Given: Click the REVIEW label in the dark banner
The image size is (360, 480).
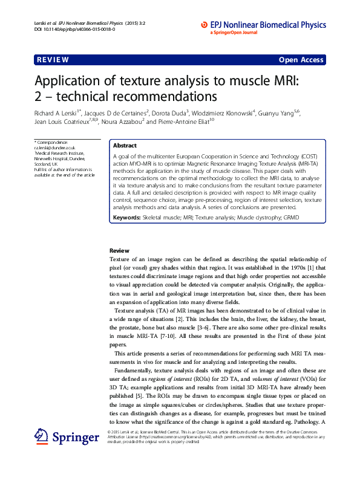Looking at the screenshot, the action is point(52,60).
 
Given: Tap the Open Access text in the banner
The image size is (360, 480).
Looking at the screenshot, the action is point(301,60).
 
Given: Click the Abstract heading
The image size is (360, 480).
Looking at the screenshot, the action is point(125,146).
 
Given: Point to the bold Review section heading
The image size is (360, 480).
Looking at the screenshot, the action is point(119,250).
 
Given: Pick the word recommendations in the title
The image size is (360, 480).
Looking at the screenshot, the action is point(163,97).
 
